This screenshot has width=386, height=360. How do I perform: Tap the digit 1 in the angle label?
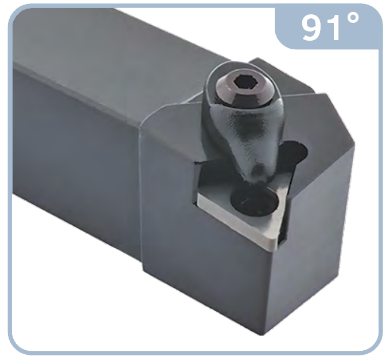pyautogui.click(x=334, y=28)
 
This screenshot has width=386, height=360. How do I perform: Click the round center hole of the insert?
pyautogui.click(x=254, y=201)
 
